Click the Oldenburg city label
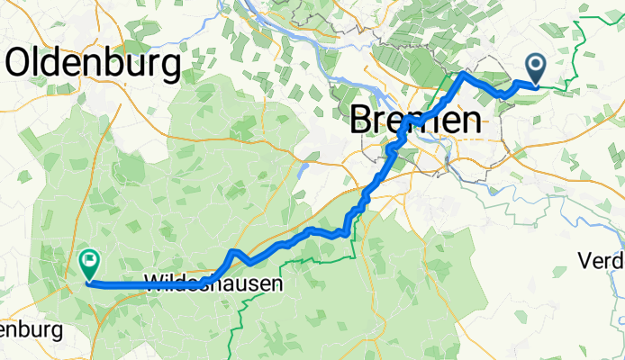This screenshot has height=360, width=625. pyautogui.click(x=94, y=63)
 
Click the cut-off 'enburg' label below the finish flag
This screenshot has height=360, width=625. pyautogui.click(x=31, y=330)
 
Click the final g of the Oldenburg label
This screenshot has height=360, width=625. pyautogui.click(x=169, y=67)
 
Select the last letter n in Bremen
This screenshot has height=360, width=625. pyautogui.click(x=468, y=121)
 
